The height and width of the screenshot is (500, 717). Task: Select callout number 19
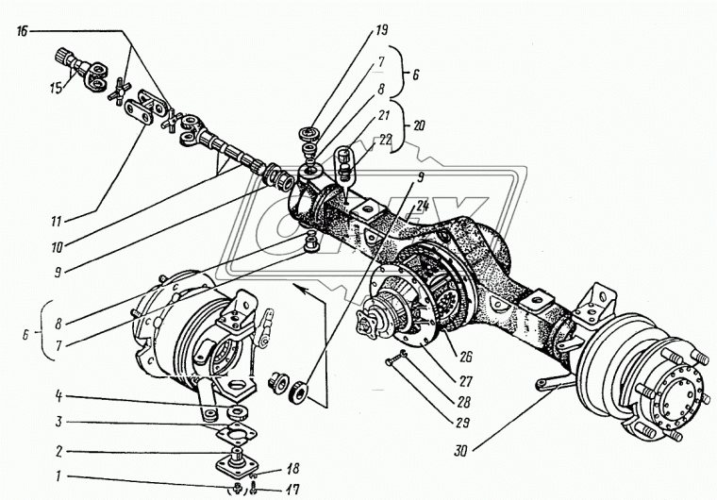[x=381, y=30]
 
